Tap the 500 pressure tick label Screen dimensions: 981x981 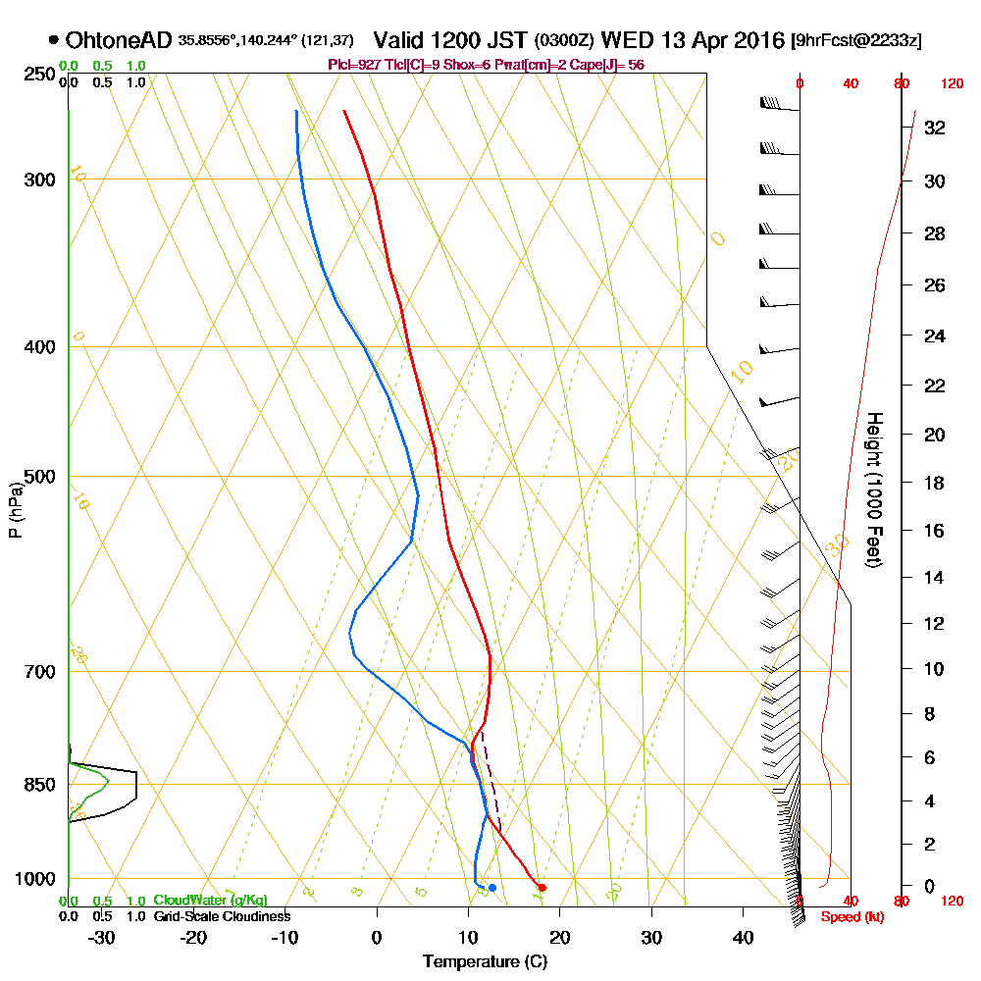38,477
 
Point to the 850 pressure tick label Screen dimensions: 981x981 38,785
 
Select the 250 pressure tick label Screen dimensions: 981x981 38,75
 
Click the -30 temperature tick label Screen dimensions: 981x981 102,937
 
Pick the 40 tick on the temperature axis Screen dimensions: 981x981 743,937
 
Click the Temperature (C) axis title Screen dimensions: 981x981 485,961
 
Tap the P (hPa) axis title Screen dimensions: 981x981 15,510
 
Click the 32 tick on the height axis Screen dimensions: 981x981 935,127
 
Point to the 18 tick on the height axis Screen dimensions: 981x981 935,483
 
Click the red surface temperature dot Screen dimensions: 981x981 542,888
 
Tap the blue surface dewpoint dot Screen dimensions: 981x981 491,888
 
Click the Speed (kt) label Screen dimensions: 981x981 848,918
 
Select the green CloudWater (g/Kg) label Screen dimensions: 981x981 210,901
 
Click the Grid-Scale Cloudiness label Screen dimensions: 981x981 222,916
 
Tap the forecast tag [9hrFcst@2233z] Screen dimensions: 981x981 855,41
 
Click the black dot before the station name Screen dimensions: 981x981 52,41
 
